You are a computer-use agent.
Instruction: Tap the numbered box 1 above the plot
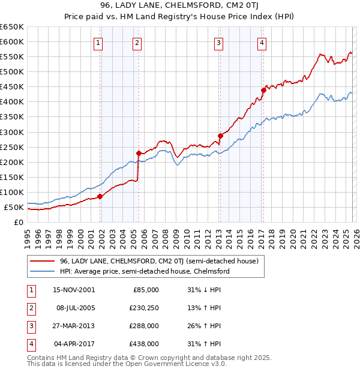(x=98, y=43)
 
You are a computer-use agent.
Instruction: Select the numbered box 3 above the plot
(x=218, y=43)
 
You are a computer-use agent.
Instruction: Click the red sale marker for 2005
(x=139, y=152)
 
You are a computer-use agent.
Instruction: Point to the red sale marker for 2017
(x=263, y=90)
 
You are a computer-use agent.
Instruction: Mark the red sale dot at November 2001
(x=100, y=196)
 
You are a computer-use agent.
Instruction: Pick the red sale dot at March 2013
(x=220, y=136)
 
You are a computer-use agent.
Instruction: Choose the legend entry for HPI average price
(x=145, y=271)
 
